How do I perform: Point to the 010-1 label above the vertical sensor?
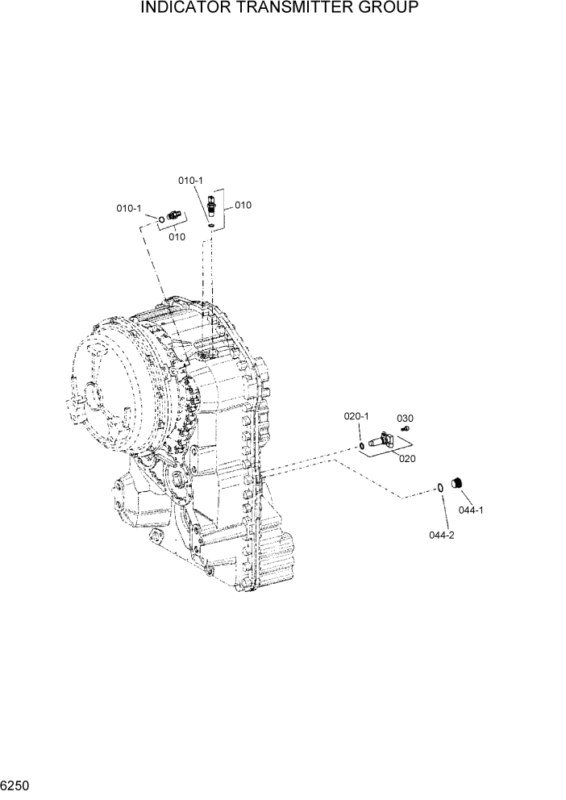pos(190,181)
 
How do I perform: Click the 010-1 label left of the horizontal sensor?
pos(129,208)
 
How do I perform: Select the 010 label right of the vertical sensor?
pos(243,205)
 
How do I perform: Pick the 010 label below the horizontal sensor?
pos(177,236)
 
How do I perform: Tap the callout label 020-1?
pos(356,416)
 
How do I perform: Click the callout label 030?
pos(405,418)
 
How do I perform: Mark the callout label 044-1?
pos(471,510)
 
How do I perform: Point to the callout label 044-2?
pos(442,535)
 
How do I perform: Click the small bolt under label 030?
pos(406,429)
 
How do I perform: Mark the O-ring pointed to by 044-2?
pos(439,486)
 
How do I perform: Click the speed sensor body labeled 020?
pos(380,440)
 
